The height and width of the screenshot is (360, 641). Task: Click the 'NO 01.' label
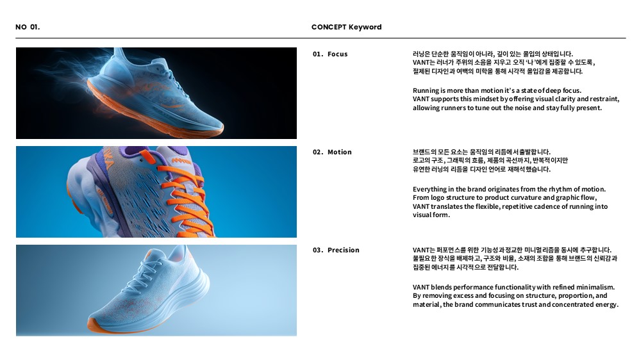coord(28,27)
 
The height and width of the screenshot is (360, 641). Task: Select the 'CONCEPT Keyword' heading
coord(346,27)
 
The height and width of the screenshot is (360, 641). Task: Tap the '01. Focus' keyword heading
coord(330,54)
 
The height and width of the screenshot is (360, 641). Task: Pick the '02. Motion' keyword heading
coord(332,152)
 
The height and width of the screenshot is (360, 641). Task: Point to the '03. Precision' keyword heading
coord(336,250)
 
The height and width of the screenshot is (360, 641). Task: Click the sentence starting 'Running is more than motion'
coord(497,90)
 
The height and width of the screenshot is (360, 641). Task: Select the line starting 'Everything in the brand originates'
coord(509,189)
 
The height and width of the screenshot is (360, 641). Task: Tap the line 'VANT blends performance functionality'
coord(513,287)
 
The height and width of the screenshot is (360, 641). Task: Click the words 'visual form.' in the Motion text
coord(431,215)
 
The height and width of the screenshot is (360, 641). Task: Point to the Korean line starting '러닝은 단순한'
coord(492,54)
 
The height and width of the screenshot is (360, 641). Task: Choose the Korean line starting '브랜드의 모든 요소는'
coord(481,152)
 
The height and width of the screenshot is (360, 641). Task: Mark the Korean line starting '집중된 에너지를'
coord(465,267)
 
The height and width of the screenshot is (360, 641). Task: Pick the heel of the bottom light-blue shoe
coord(196,270)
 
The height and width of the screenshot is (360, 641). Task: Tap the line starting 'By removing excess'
coord(510,296)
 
